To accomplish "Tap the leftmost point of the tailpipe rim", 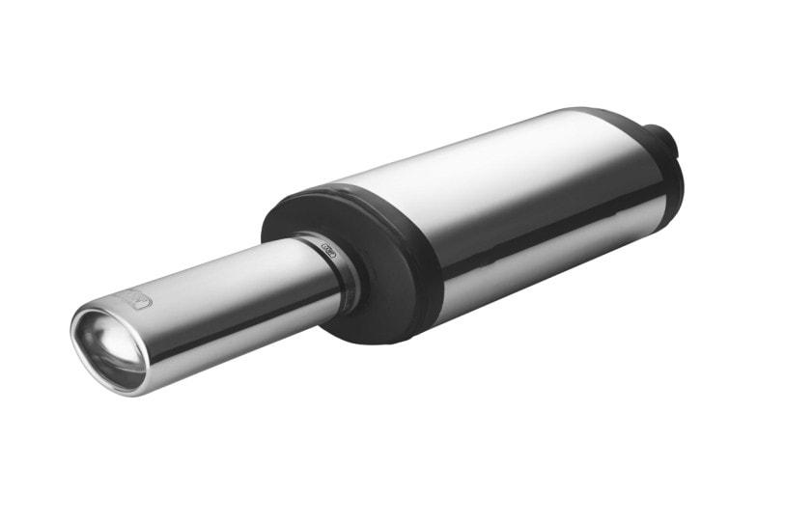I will pyautogui.click(x=72, y=333).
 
